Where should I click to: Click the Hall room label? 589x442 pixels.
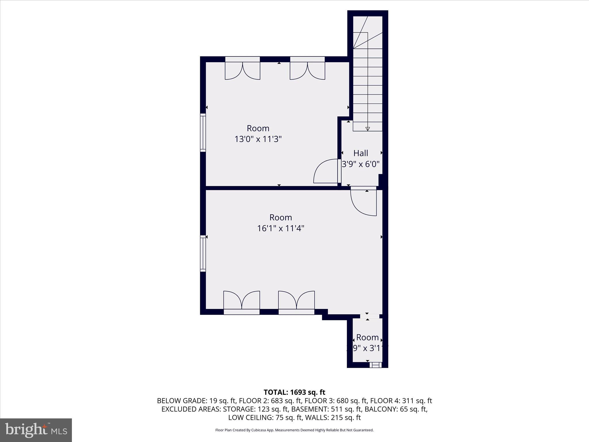[x=361, y=153]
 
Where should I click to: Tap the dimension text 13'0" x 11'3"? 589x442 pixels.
[x=258, y=139]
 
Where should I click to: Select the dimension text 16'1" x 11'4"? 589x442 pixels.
[x=281, y=228]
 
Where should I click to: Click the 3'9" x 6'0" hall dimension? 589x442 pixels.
[x=361, y=164]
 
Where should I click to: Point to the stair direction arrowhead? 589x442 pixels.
[x=368, y=129]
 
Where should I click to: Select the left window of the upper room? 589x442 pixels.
[x=203, y=132]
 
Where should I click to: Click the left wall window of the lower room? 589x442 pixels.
[x=203, y=253]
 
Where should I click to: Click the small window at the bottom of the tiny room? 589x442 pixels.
[x=376, y=365]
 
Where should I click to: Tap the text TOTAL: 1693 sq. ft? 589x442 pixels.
[x=294, y=392]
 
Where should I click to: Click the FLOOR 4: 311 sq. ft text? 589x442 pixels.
[x=401, y=401]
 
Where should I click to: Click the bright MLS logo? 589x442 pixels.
[x=36, y=430]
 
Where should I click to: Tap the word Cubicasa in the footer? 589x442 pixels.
[x=261, y=438]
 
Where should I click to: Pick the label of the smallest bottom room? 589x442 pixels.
[x=367, y=337]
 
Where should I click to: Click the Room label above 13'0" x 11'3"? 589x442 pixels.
[x=258, y=128]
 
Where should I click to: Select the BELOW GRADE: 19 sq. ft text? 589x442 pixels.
[x=196, y=401]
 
